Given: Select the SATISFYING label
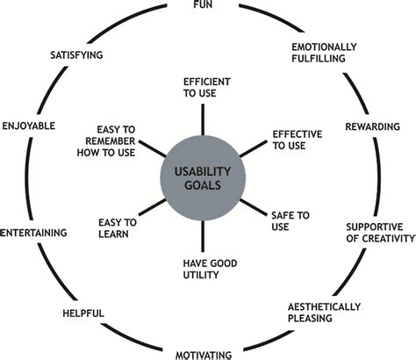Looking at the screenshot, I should (x=77, y=54).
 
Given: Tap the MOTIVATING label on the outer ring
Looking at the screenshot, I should (x=203, y=355).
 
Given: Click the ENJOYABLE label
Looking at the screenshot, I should (x=29, y=126).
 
